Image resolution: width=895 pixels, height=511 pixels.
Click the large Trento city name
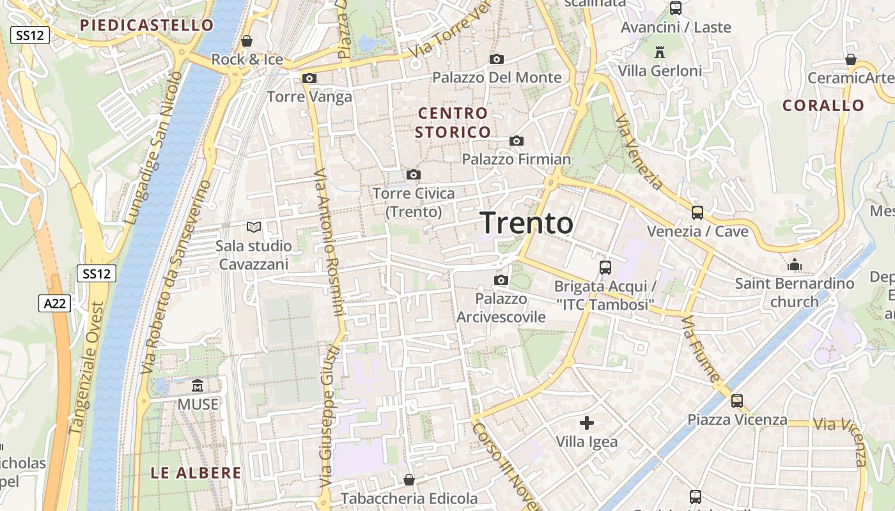pos(527,223)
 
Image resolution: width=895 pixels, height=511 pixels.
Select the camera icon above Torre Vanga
pos(309,79)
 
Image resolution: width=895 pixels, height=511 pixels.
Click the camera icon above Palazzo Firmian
pos(517,141)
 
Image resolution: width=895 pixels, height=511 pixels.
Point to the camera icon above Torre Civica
pos(414,175)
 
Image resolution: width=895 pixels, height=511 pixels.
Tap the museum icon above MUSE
pos(198,386)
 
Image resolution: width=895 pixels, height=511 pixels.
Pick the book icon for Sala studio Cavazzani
pos(254,227)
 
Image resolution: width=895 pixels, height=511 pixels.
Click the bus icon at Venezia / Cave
pos(697,213)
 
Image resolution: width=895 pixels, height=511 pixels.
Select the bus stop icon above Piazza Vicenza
pos(737,401)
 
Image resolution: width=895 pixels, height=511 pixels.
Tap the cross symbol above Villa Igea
pos(587,423)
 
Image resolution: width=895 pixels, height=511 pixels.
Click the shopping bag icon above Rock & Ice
pos(247,42)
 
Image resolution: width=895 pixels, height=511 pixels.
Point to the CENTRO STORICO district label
pos(453,123)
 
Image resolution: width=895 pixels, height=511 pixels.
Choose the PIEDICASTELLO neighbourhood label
pos(147,26)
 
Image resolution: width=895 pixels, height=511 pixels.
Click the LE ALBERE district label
pos(196,473)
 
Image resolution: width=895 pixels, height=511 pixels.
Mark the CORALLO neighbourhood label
pos(823,105)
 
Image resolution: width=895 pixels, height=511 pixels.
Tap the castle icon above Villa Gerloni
pos(660,51)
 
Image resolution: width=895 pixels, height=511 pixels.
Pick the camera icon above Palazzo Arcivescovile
pos(501,280)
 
